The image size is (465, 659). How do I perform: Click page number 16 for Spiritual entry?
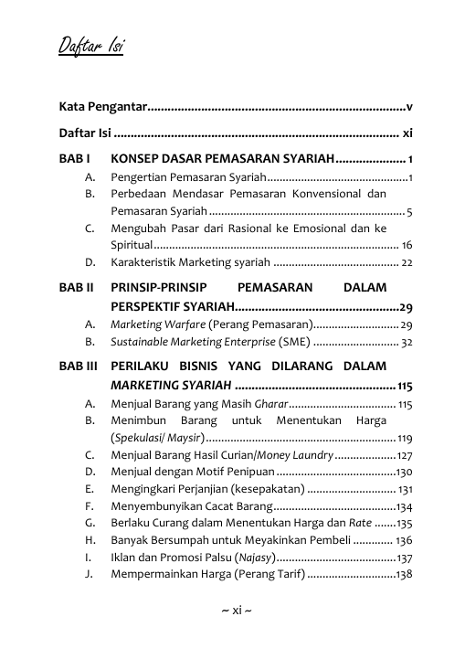point(407,246)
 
